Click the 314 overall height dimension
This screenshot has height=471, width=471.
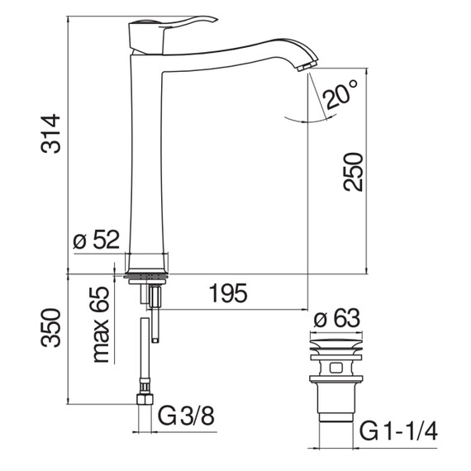tap(50, 134)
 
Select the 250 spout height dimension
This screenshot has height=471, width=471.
tap(354, 172)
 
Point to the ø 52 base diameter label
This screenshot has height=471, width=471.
tap(96, 240)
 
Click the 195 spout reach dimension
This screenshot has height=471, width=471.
tap(228, 293)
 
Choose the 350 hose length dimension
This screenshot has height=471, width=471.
tap(50, 328)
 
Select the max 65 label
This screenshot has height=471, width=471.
tap(100, 325)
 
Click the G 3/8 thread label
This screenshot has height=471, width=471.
tap(186, 416)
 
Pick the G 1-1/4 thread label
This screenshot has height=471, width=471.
tap(398, 431)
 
